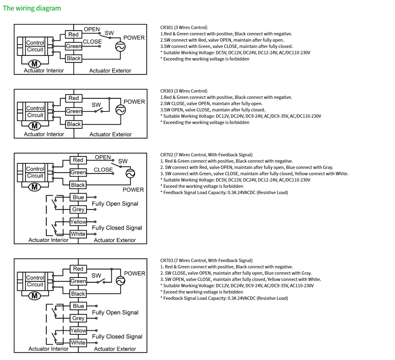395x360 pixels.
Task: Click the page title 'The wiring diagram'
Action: (32, 8)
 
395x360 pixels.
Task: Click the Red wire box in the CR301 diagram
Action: (73, 34)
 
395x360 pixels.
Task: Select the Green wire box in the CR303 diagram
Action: (74, 111)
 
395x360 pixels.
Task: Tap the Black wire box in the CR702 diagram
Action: (78, 185)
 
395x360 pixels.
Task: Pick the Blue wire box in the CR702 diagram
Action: (78, 197)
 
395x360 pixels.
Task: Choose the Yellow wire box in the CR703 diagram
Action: (78, 330)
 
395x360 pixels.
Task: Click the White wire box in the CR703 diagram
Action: (78, 342)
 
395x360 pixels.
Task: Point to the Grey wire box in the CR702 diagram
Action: (78, 209)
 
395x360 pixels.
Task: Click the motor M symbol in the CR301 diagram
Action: (34, 64)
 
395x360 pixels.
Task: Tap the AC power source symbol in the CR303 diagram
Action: (120, 110)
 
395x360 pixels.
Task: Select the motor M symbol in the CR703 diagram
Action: (34, 296)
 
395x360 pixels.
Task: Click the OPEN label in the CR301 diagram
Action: (92, 29)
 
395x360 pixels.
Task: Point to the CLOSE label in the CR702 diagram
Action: (103, 170)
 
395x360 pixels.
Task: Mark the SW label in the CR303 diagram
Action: (96, 105)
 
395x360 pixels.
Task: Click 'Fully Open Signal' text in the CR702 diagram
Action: (115, 204)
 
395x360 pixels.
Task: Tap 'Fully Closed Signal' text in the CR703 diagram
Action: (117, 336)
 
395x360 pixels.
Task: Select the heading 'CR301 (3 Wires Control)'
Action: (184, 28)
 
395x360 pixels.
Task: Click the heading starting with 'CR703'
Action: (206, 261)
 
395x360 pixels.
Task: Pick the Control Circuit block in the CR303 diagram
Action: (35, 112)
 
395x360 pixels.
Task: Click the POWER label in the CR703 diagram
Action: (135, 273)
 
